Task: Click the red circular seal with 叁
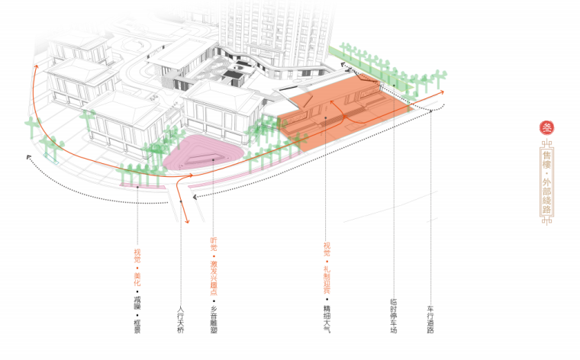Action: coord(546,127)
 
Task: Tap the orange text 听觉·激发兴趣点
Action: coord(214,265)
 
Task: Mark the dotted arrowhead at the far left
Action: coord(28,158)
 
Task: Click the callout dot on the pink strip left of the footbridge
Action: coord(137,185)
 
